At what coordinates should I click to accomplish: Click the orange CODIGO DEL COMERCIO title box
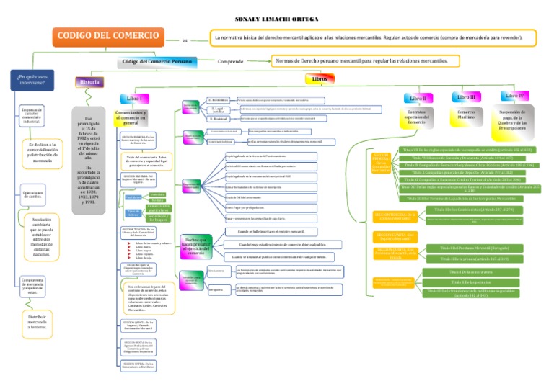point(109,37)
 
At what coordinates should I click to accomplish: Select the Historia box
point(89,82)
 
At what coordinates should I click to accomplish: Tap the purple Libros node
point(320,78)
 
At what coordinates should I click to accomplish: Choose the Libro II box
point(418,98)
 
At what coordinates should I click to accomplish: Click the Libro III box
point(467,96)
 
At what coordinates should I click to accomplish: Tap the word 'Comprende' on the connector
point(230,62)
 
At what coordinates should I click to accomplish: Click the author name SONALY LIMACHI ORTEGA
point(276,19)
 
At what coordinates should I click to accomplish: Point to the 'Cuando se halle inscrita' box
point(266,232)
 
